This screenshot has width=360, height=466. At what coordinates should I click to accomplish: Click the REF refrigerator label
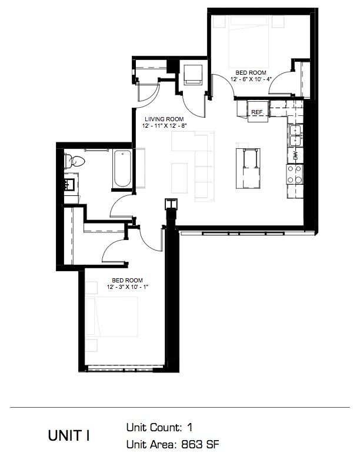point(256,111)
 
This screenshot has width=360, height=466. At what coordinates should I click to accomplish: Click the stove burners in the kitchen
point(294,174)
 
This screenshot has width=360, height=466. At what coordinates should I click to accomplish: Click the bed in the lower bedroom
point(112,321)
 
